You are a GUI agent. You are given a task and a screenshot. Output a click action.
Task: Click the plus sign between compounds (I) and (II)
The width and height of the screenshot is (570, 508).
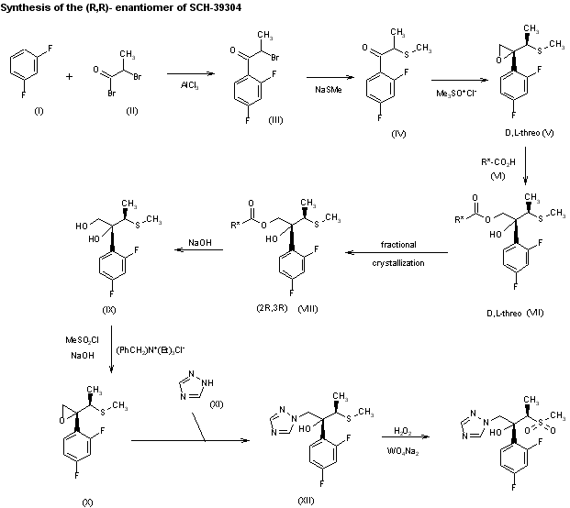click(70, 77)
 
